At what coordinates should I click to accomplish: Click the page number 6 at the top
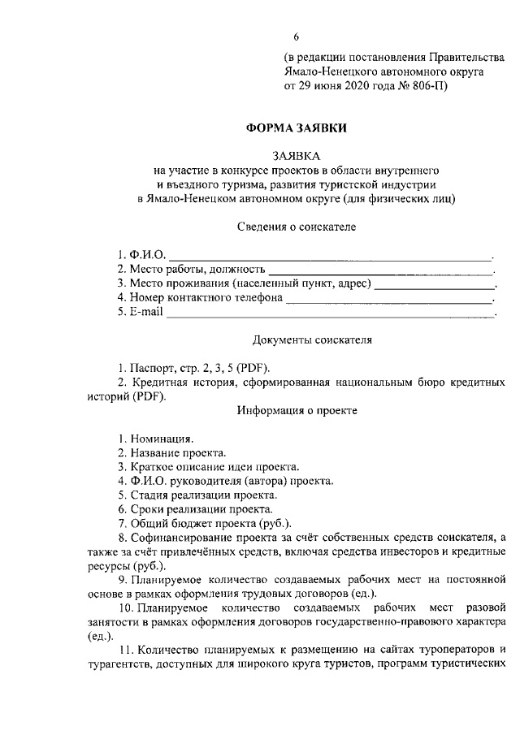pos(297,37)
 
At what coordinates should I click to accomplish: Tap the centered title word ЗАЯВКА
pos(297,156)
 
